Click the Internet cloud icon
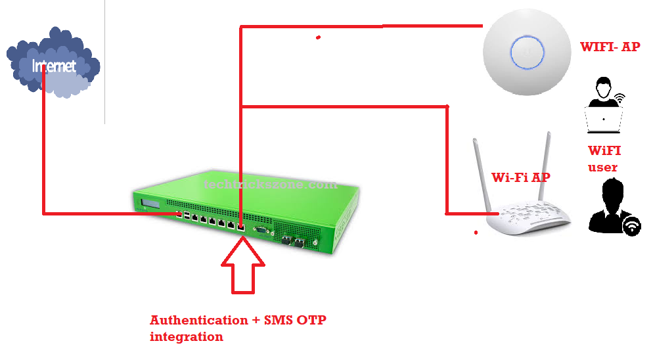point(53,64)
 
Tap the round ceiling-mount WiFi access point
point(528,55)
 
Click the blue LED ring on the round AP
point(528,51)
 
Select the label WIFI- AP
point(610,47)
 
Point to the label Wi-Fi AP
point(520,177)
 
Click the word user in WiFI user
point(602,168)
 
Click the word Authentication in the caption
point(189,321)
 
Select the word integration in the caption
point(186,336)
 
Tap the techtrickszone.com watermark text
point(270,185)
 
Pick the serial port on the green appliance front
point(261,230)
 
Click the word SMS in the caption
point(278,321)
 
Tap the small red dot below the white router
point(476,232)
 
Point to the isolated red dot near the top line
point(318,37)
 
